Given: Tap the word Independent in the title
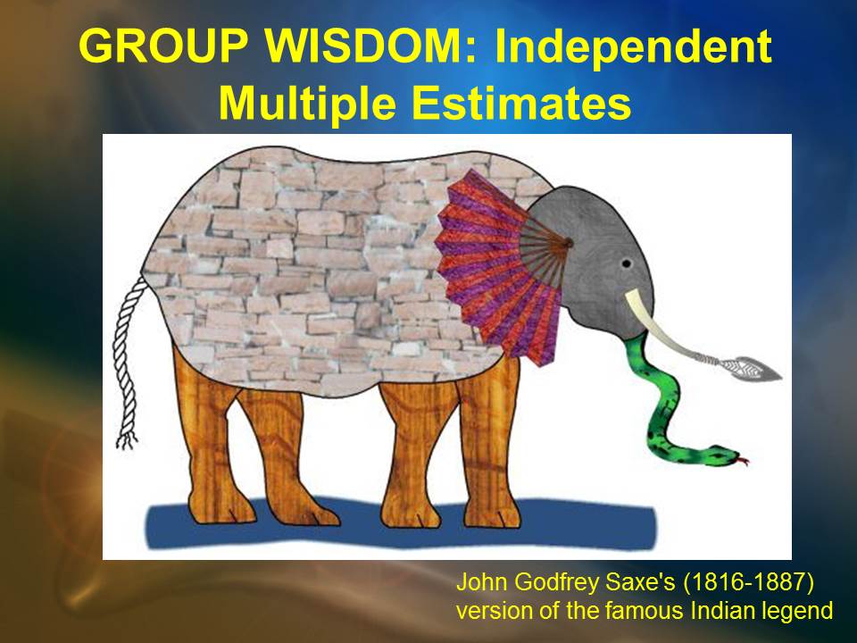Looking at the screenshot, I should pyautogui.click(x=633, y=47).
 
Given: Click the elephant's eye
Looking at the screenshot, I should pyautogui.click(x=627, y=264).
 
